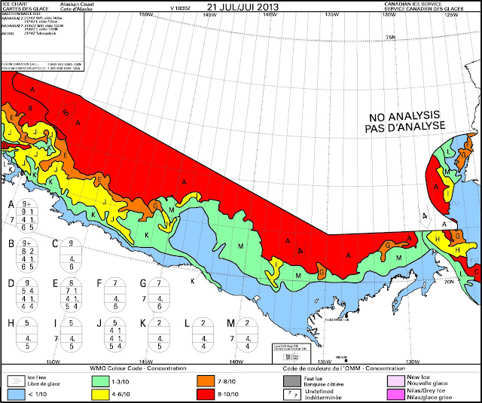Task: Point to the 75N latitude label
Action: click(391, 37)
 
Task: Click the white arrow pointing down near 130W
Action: click(424, 217)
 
